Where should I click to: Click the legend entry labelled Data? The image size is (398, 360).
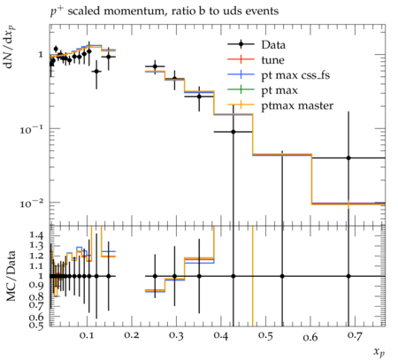[x=273, y=45]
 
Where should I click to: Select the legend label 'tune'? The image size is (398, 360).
[x=272, y=60]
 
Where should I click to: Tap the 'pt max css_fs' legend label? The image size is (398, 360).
[x=295, y=75]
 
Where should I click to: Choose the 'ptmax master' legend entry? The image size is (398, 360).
[x=297, y=105]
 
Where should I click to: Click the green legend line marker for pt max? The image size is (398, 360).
[x=241, y=89]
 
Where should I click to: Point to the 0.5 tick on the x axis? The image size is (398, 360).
[x=266, y=336]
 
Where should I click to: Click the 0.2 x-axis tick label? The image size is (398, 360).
[x=132, y=335]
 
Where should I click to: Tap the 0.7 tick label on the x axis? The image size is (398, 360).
[x=356, y=336]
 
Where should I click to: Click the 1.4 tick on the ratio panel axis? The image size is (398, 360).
[x=36, y=235]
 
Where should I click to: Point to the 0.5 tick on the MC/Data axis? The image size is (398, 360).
[x=36, y=326]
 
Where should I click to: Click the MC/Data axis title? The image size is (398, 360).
[x=11, y=276]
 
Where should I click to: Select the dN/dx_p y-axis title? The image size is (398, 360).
[x=10, y=47]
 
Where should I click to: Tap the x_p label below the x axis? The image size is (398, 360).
[x=379, y=352]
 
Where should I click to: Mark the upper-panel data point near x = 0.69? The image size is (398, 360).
[x=348, y=158]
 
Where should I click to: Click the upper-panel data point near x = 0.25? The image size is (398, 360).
[x=155, y=66]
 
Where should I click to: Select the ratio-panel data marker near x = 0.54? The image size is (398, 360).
[x=282, y=276]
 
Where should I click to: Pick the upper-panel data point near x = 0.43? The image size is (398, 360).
[x=233, y=132]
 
